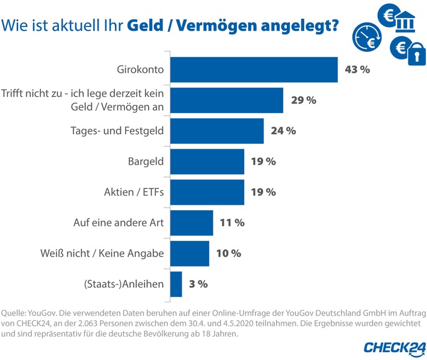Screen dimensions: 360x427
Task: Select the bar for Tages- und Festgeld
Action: pos(218,131)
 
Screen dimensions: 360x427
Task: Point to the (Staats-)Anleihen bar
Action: pos(176,284)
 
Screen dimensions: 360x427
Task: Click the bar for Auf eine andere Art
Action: pos(192,223)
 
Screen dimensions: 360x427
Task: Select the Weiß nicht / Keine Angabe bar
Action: pos(191,253)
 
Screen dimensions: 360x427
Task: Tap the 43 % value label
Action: pos(357,69)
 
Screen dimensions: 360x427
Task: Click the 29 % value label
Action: pos(304,101)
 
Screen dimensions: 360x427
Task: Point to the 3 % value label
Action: pos(198,284)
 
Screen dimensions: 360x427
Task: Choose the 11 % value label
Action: pos(232,223)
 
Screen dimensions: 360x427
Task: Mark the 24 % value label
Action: pos(283,131)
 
